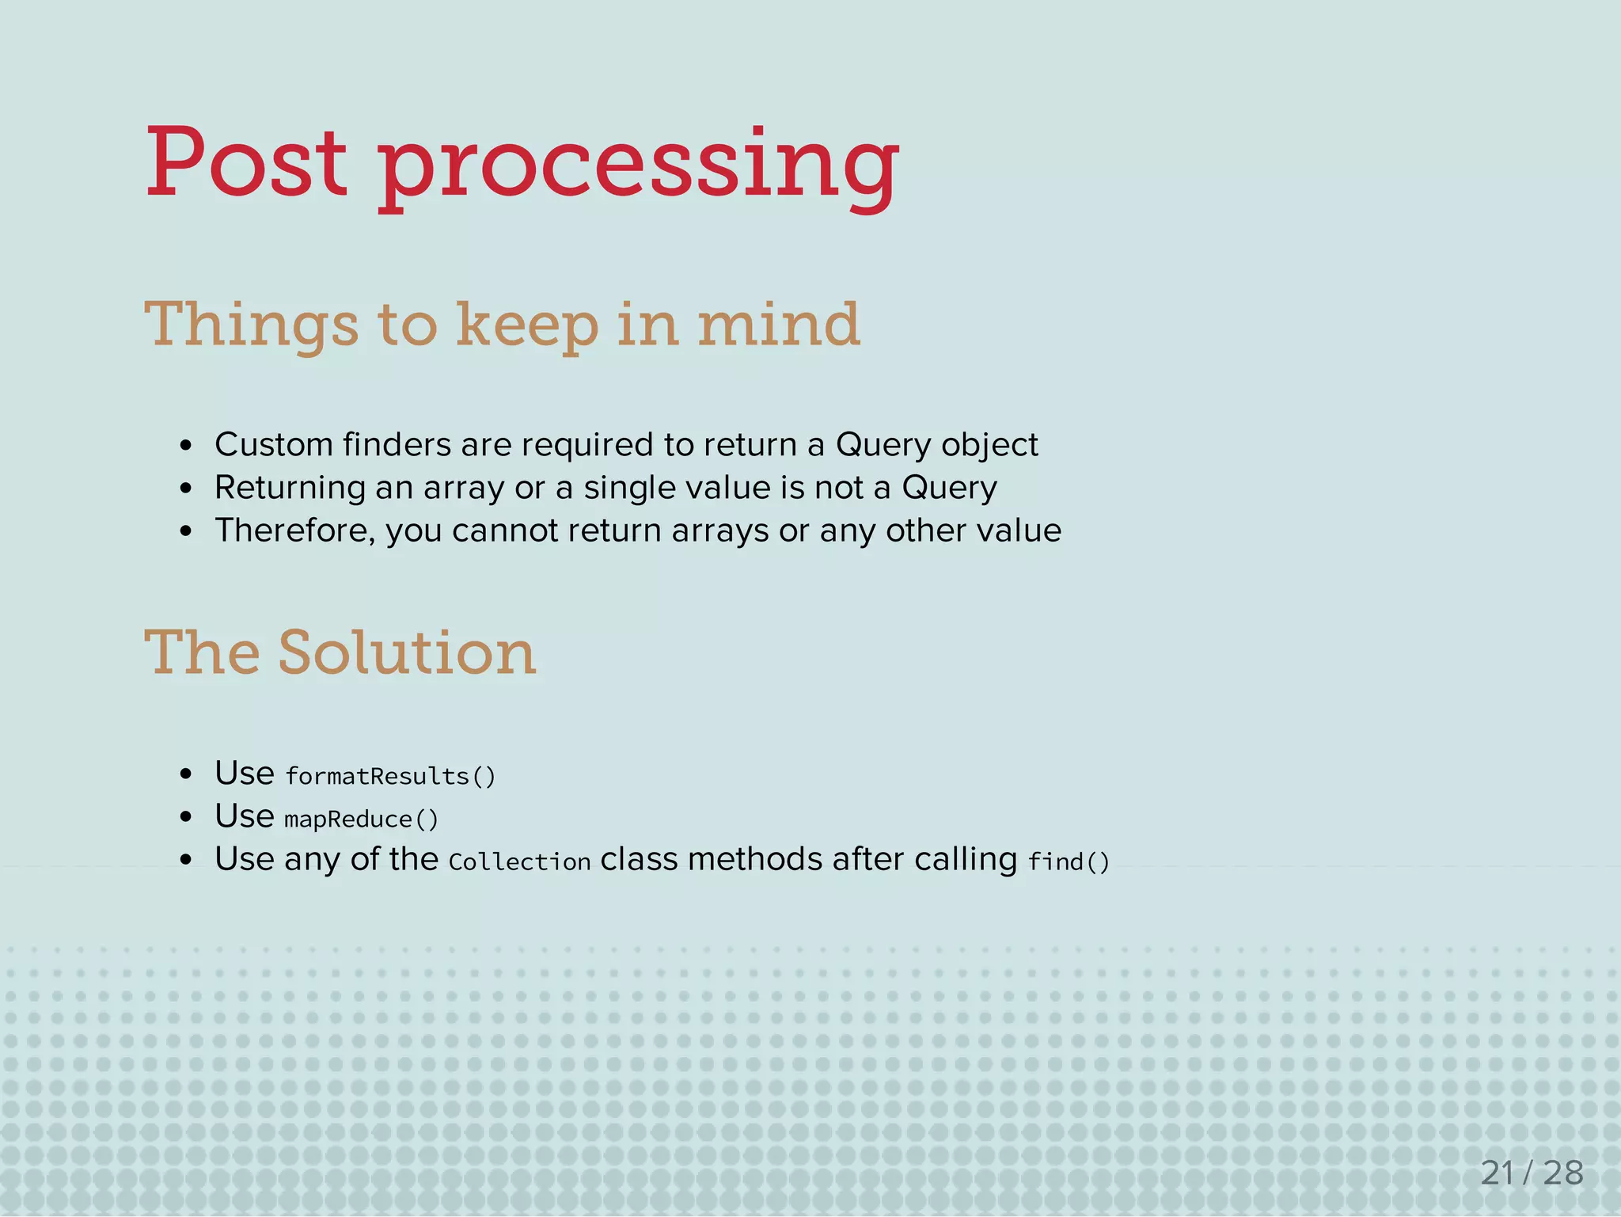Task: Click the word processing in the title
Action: pos(638,166)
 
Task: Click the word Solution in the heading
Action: pos(407,653)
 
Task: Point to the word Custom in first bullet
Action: pos(274,444)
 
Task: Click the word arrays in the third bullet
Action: pos(719,531)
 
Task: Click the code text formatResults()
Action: pos(390,776)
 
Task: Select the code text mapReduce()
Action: pos(361,819)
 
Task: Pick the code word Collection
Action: pos(519,861)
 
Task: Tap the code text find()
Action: pos(1069,861)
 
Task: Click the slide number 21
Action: pos(1497,1173)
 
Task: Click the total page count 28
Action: pos(1563,1173)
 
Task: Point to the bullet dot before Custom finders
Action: pos(186,447)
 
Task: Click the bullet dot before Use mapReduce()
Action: pos(186,817)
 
